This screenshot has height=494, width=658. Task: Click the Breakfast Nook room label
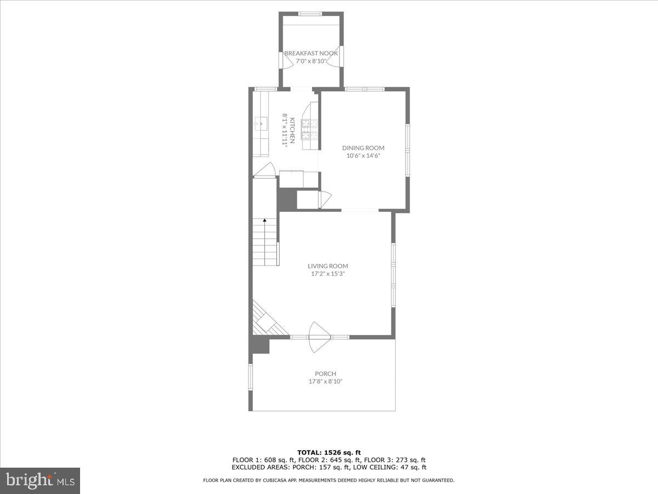point(311,53)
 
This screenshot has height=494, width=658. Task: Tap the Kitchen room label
point(293,130)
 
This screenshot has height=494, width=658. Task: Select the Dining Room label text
point(363,148)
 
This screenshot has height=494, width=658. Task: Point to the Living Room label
point(328,266)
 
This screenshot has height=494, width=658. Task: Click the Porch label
point(325,374)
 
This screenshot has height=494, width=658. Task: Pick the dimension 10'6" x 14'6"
point(363,155)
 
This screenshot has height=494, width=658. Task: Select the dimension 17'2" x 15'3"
point(328,273)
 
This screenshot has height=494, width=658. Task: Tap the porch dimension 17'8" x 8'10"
point(325,381)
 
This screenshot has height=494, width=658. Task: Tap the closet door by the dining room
point(323,199)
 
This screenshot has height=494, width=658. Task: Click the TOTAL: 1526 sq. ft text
point(328,452)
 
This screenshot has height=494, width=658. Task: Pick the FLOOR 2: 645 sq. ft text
point(328,460)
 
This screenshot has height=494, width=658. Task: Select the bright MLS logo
point(40,481)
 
